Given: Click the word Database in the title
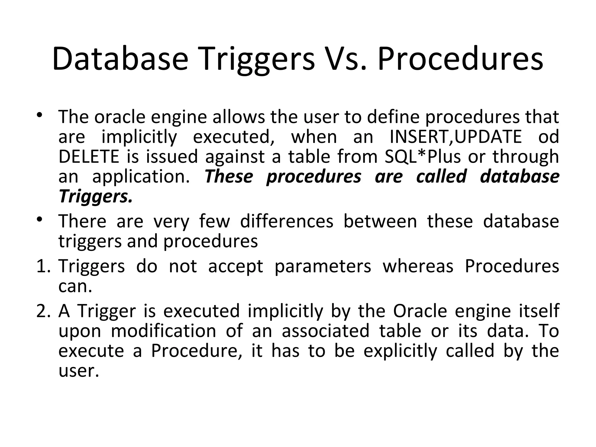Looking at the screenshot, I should tap(120, 59).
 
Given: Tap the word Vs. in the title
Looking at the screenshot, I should tap(345, 59).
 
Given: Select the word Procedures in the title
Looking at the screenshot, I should tap(460, 59).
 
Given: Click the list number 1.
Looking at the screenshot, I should tap(43, 266).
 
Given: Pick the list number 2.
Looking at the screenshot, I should tap(44, 311).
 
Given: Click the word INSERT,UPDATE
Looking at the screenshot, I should tap(455, 136).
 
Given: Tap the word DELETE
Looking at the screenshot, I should tap(89, 156).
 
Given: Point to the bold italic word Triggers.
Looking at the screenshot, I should tap(95, 196).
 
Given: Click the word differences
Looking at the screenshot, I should tap(287, 221).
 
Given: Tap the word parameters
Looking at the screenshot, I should tap(323, 266).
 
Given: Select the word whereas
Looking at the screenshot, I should tap(418, 266).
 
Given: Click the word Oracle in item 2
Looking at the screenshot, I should tap(420, 311).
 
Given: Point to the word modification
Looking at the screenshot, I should tap(163, 331).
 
